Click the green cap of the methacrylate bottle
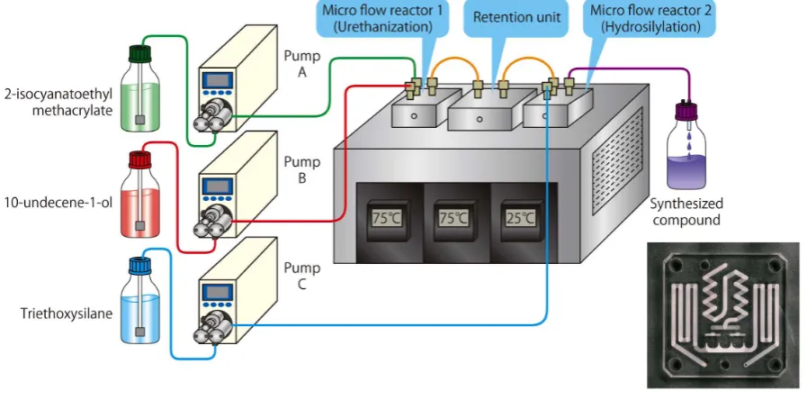(140, 54)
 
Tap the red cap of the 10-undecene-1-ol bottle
(139, 159)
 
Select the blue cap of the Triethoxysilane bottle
(139, 266)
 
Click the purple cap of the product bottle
(686, 111)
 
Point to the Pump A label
(302, 64)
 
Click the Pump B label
(302, 170)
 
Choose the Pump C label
(302, 276)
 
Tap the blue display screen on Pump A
(217, 80)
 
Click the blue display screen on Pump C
(217, 292)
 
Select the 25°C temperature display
(520, 218)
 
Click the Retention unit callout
(516, 17)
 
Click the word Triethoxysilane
(67, 314)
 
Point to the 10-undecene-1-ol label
(58, 202)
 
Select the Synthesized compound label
(686, 212)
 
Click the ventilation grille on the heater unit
(617, 161)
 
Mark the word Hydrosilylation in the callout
(650, 27)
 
